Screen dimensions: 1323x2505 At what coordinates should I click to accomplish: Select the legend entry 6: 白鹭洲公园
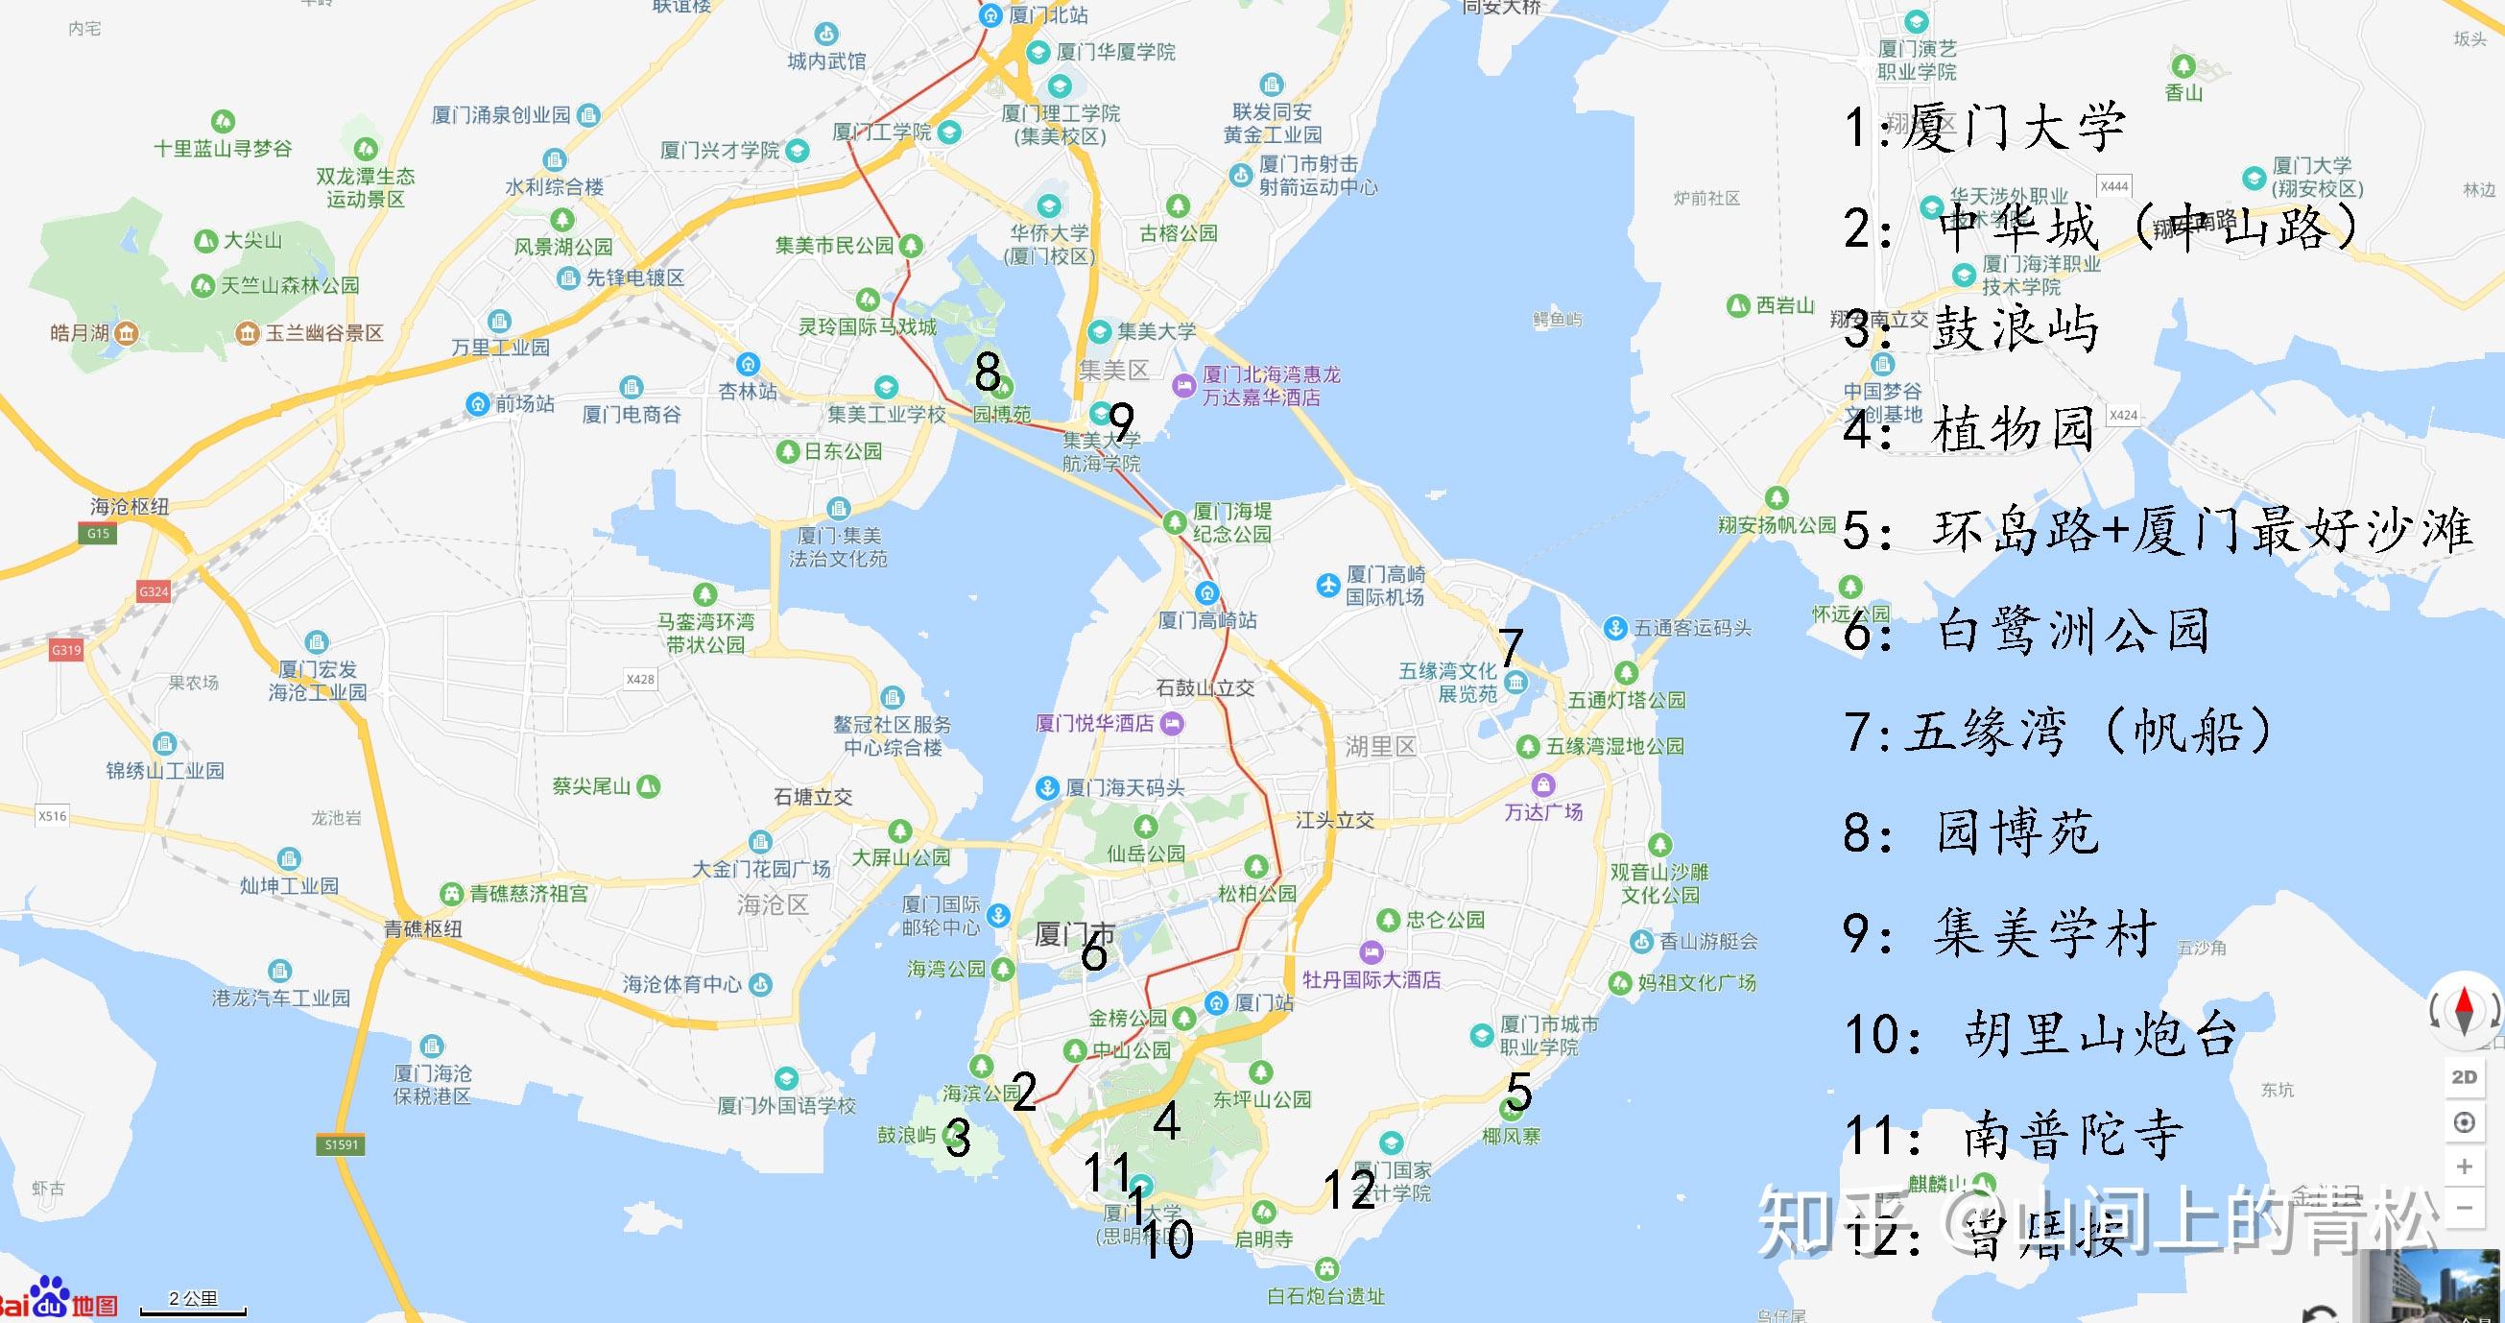(2027, 631)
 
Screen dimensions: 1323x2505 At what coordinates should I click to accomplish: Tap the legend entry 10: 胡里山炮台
(2041, 1033)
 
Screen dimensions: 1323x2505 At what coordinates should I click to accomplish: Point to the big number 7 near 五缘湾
(1510, 647)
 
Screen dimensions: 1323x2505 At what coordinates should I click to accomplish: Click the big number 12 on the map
(1349, 1189)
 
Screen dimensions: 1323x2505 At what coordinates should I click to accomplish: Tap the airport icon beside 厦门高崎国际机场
(1328, 586)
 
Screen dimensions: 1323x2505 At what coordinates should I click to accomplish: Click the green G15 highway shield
(98, 533)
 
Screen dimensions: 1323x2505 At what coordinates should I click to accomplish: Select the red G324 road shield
(154, 591)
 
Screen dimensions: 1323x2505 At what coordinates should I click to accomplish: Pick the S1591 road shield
(342, 1145)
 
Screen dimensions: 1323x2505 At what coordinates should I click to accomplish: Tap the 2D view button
(2464, 1077)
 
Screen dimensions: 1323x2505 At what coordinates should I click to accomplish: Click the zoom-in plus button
(2464, 1166)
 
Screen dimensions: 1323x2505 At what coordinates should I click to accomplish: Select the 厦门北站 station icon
(990, 14)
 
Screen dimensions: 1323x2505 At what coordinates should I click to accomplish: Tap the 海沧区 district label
(773, 904)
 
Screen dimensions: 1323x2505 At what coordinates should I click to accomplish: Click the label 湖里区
(1381, 747)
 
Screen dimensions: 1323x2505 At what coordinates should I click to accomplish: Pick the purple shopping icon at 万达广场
(1543, 785)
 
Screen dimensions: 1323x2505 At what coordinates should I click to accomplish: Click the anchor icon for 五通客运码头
(1615, 628)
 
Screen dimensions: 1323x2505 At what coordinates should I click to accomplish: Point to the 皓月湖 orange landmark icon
(127, 334)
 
